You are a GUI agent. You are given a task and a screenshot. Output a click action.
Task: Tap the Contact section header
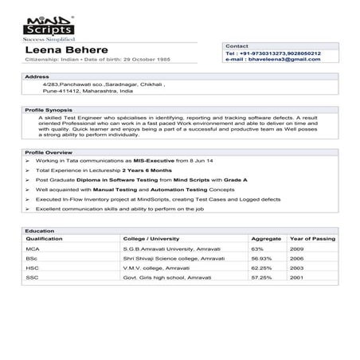coord(237,46)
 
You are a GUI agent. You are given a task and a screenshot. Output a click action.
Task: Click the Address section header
coord(37,76)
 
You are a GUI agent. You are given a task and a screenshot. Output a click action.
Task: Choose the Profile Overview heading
coord(49,151)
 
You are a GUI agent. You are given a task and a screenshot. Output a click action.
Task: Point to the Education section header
coord(40,230)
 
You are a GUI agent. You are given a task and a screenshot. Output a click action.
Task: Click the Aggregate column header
coord(266,238)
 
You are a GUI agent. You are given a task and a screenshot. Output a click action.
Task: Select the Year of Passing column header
coord(311,238)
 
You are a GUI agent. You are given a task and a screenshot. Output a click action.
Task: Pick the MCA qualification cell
coord(33,248)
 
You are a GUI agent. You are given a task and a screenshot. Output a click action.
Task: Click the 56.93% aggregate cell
coord(262,258)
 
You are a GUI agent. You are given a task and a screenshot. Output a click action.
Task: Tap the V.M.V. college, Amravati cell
coord(155,268)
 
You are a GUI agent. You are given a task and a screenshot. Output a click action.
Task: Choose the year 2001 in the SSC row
coord(296,277)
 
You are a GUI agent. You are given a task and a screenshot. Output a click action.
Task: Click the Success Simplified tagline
coord(49,37)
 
